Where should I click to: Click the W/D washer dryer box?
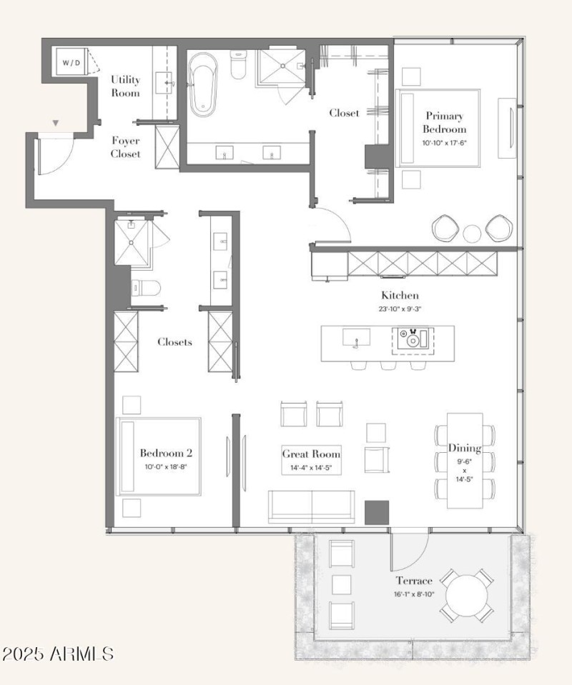pyautogui.click(x=71, y=63)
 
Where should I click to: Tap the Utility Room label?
pyautogui.click(x=125, y=86)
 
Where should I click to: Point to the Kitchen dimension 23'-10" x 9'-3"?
pyautogui.click(x=399, y=309)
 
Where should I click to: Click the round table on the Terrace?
pyautogui.click(x=465, y=594)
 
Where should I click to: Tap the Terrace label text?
pyautogui.click(x=415, y=581)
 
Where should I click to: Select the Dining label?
pyautogui.click(x=464, y=448)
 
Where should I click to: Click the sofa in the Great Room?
pyautogui.click(x=311, y=506)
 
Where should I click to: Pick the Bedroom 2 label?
pyautogui.click(x=166, y=453)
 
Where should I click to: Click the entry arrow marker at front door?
pyautogui.click(x=55, y=124)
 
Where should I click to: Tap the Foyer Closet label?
pyautogui.click(x=125, y=147)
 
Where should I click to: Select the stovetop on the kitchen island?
pyautogui.click(x=412, y=338)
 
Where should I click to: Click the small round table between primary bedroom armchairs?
pyautogui.click(x=473, y=234)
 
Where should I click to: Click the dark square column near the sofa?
pyautogui.click(x=376, y=513)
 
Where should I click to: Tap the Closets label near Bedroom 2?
pyautogui.click(x=174, y=342)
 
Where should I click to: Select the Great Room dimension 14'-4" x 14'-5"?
pyautogui.click(x=311, y=468)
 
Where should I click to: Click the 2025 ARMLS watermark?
pyautogui.click(x=58, y=654)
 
